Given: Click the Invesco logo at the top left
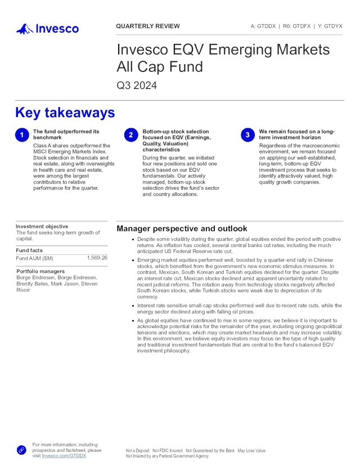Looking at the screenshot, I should pyautogui.click(x=47, y=28).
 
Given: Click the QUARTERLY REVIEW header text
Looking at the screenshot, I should pyautogui.click(x=148, y=26).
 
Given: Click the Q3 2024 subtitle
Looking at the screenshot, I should pyautogui.click(x=137, y=86).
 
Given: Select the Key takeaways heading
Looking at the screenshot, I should pyautogui.click(x=65, y=113).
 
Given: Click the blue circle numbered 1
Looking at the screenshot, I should pyautogui.click(x=21, y=135).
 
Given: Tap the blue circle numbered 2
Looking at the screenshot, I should pyautogui.click(x=130, y=135).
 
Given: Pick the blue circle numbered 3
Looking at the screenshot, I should pyautogui.click(x=247, y=135).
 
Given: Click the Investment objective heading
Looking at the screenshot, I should pyautogui.click(x=42, y=226).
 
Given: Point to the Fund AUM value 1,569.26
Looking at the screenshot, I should pyautogui.click(x=97, y=258).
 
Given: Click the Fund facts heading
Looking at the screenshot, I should pyautogui.click(x=29, y=250).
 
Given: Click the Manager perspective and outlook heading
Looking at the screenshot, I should pyautogui.click(x=182, y=228).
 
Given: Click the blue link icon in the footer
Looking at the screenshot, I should pyautogui.click(x=21, y=450).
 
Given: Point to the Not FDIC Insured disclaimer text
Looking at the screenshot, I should pyautogui.click(x=168, y=451).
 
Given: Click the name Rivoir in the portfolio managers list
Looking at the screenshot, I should pyautogui.click(x=23, y=290).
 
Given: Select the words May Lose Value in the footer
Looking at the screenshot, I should pyautogui.click(x=251, y=451).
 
